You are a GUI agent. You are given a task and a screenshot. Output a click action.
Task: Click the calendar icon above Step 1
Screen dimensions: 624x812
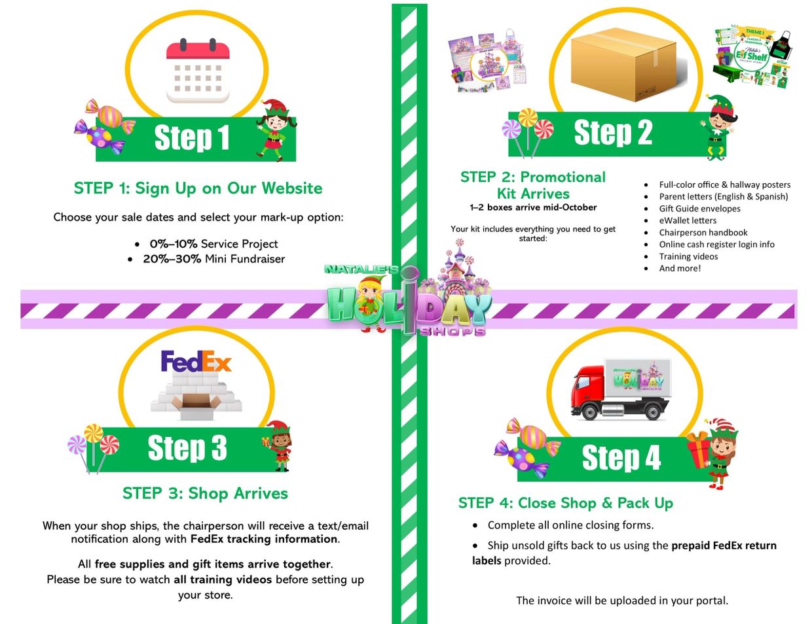tap(198, 71)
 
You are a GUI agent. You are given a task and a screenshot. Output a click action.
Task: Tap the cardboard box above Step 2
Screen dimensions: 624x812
tap(622, 63)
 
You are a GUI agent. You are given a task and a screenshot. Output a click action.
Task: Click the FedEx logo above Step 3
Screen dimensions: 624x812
tap(196, 361)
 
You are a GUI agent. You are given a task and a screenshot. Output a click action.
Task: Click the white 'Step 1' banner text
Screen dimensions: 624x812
tap(192, 138)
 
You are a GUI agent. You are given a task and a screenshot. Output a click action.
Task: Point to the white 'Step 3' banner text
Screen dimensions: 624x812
tap(187, 449)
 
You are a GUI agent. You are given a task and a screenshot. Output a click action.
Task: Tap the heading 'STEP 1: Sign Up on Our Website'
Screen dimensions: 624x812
tap(198, 188)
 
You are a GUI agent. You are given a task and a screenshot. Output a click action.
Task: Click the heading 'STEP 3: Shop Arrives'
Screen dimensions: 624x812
tap(205, 493)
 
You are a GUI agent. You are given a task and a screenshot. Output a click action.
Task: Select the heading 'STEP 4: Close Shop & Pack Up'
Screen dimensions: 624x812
tap(565, 503)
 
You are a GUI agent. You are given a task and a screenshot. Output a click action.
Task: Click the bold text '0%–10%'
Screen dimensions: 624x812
tap(174, 244)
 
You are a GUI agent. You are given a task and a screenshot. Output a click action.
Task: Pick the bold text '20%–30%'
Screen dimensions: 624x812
tap(172, 259)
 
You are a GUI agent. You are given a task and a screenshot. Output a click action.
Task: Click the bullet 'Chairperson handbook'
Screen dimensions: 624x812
tap(703, 232)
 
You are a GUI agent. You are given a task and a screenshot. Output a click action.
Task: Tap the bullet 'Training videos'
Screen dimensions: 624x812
tap(688, 256)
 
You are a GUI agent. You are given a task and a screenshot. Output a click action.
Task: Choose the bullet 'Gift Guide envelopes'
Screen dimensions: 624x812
tap(699, 209)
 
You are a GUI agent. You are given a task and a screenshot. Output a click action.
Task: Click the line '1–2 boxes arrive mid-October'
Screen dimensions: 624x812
tap(533, 207)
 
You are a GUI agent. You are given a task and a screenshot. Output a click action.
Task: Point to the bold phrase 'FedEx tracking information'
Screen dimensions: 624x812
tap(264, 539)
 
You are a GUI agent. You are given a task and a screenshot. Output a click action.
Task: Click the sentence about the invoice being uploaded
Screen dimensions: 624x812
tap(621, 600)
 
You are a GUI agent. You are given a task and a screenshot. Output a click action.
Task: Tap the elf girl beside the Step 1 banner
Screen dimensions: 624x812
tap(273, 130)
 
